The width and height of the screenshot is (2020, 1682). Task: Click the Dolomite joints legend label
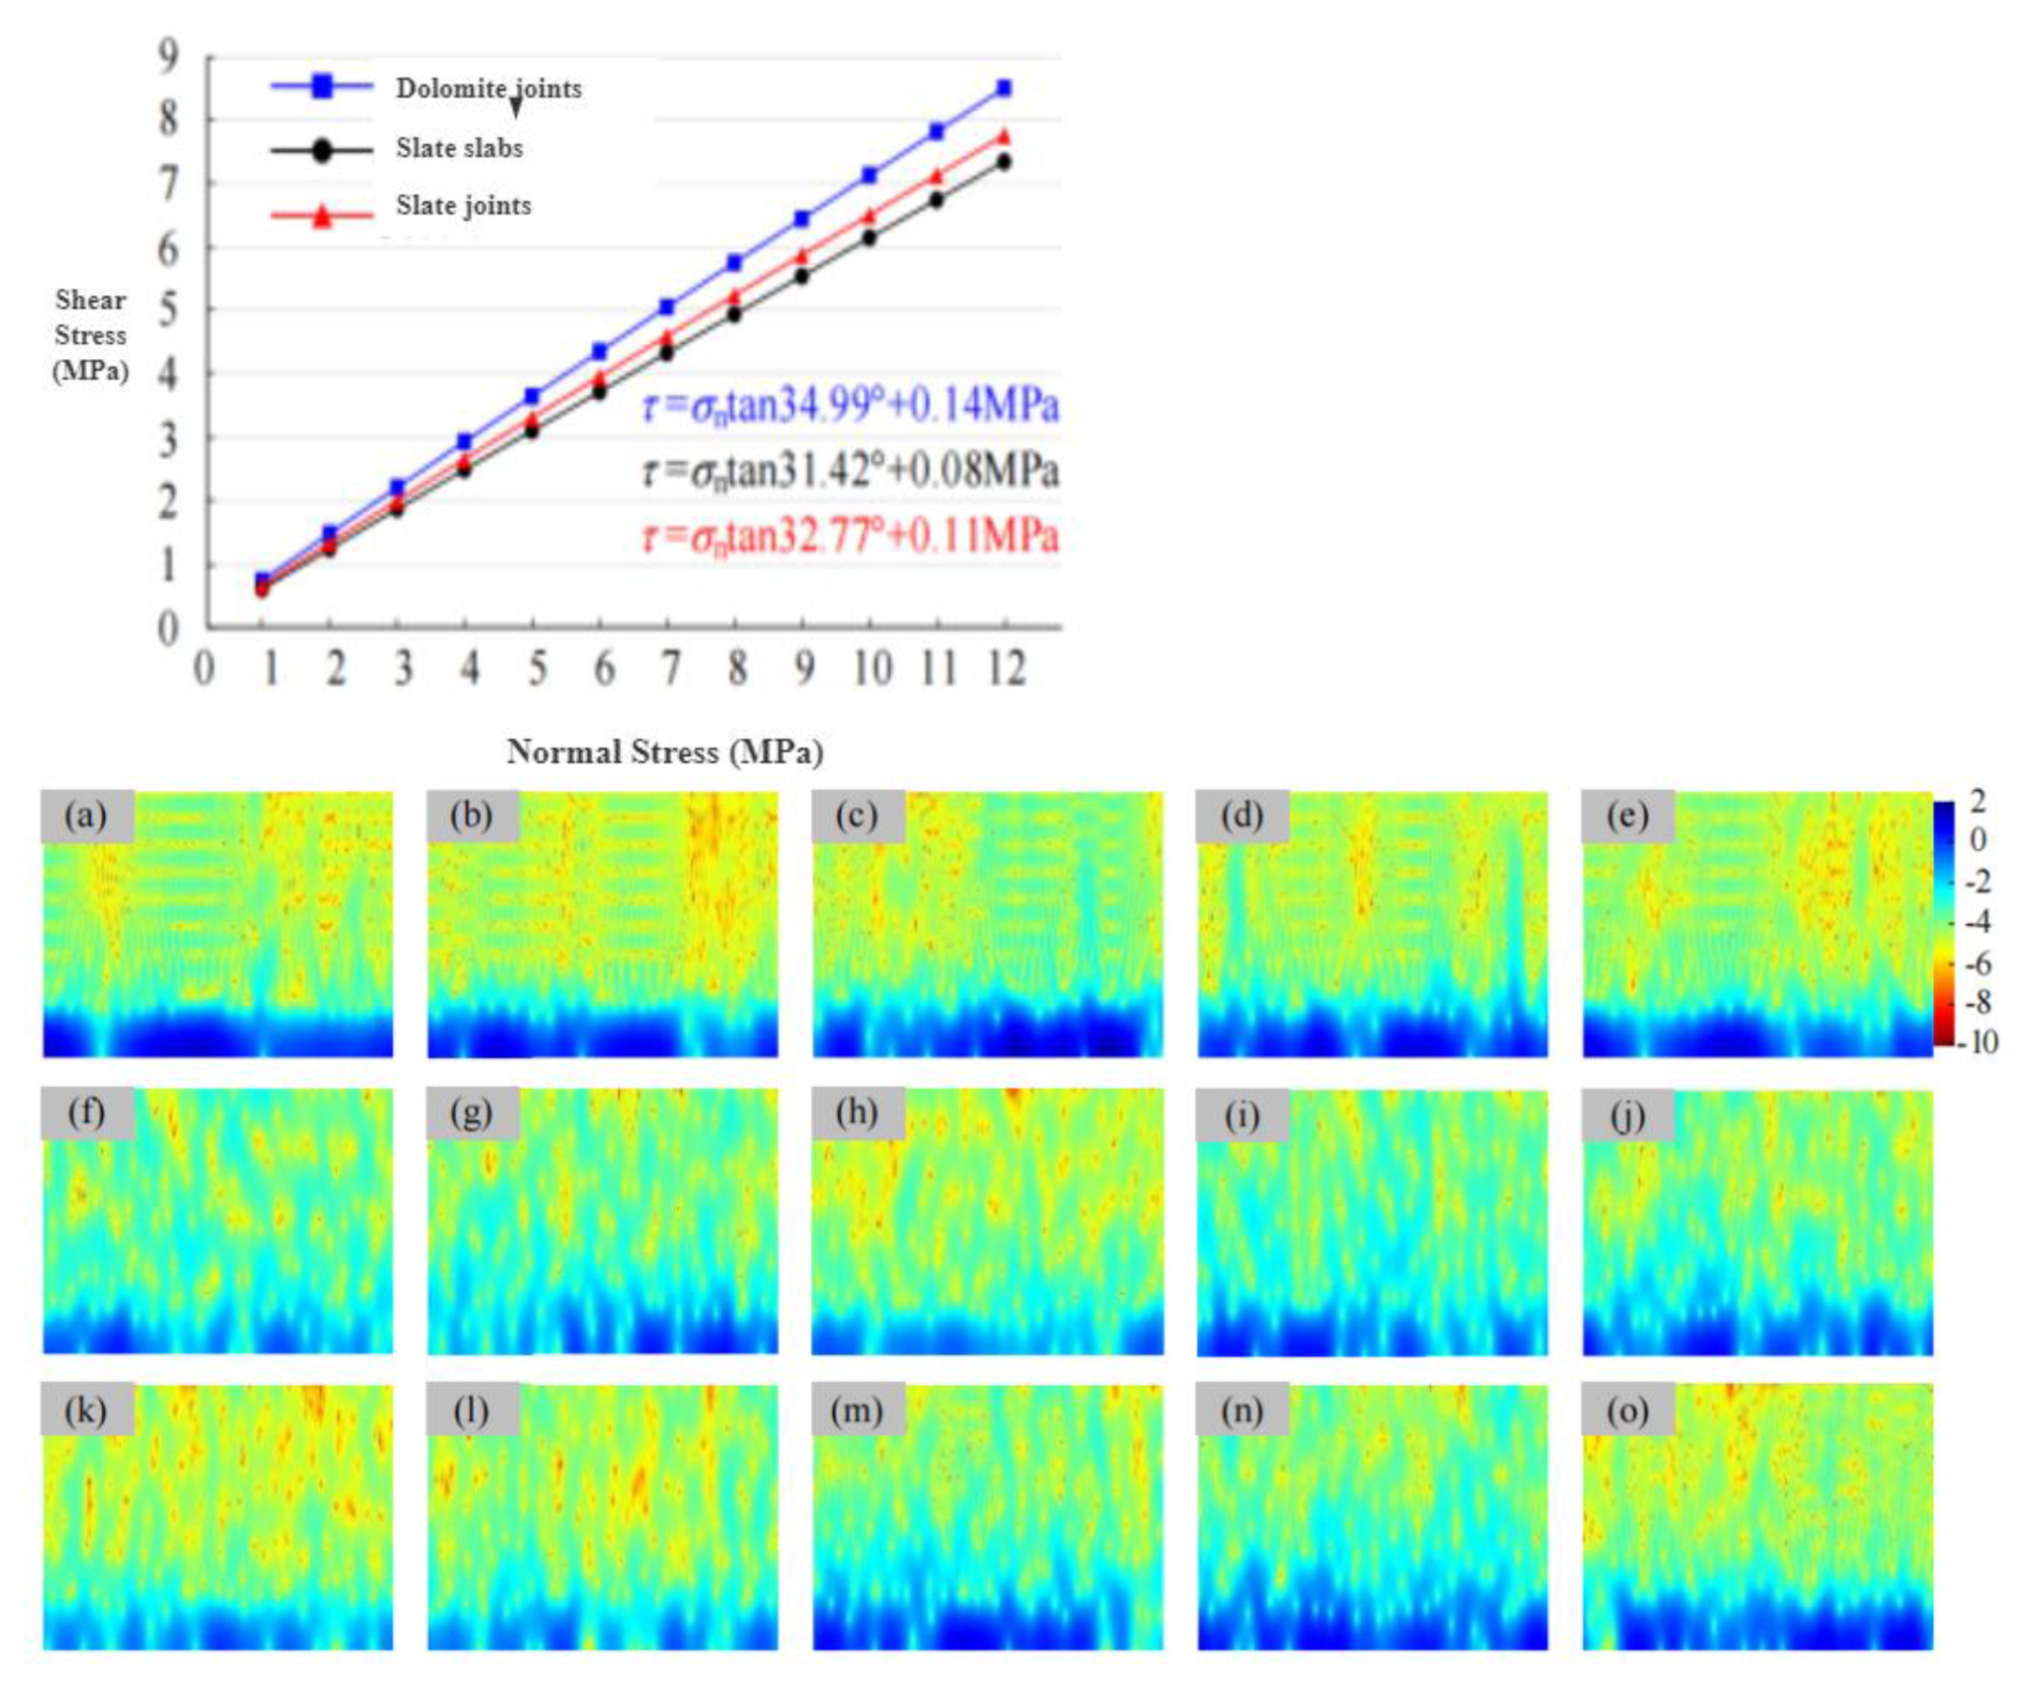[x=489, y=88]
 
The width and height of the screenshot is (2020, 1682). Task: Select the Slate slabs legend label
[x=459, y=148]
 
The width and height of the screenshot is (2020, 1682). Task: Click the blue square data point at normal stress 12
[x=1003, y=87]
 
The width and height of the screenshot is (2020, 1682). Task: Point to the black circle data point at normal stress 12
[x=1003, y=162]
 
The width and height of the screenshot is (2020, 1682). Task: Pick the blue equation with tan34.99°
[x=850, y=406]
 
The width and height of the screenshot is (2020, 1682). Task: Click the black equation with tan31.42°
[x=850, y=470]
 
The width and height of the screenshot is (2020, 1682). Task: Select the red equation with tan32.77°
[x=850, y=536]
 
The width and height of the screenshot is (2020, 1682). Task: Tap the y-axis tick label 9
[x=169, y=58]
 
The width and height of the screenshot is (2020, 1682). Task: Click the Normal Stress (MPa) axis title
[x=665, y=752]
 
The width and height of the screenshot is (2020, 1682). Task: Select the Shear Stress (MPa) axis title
[x=91, y=335]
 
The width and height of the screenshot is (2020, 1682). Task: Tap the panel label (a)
[x=85, y=816]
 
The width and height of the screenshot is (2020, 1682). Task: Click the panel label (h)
[x=856, y=1112]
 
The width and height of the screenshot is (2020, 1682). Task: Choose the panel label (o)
[x=1628, y=1410]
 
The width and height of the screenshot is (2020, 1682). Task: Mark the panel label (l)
[x=470, y=1410]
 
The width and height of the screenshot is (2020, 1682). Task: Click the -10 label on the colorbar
[x=1978, y=1042]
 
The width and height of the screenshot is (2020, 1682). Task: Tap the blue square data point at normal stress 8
[x=735, y=261]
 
